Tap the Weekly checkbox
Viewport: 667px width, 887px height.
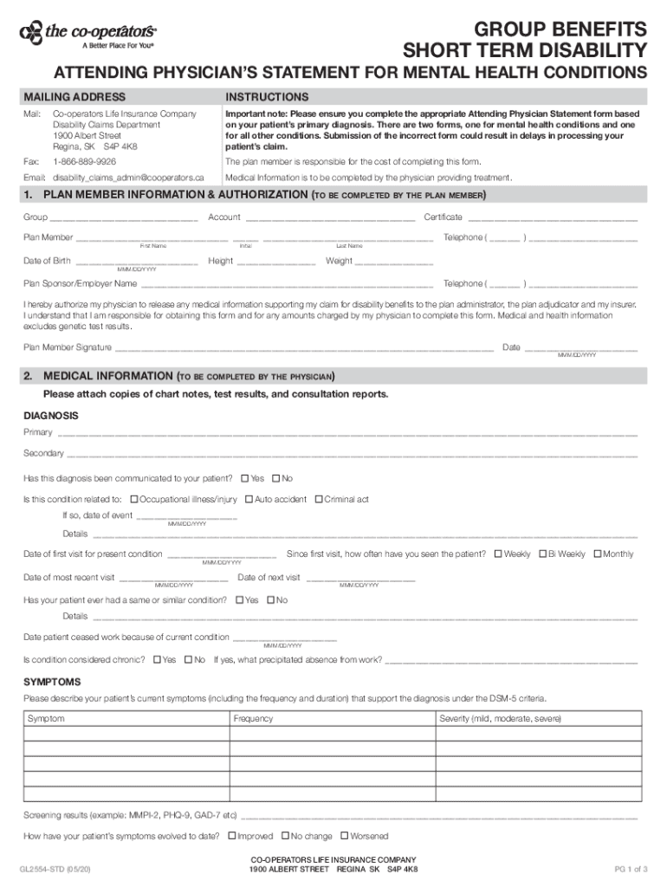[498, 554]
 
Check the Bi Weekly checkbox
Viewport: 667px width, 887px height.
[543, 554]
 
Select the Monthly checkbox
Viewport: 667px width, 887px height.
[597, 554]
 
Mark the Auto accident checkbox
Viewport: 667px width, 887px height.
[249, 499]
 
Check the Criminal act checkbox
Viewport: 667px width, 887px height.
[318, 499]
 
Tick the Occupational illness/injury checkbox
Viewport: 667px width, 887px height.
[134, 499]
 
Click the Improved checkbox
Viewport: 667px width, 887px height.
[231, 836]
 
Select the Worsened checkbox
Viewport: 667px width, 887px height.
[344, 836]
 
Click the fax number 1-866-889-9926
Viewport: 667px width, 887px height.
[84, 162]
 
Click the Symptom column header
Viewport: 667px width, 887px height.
[46, 718]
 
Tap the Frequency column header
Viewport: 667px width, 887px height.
[253, 718]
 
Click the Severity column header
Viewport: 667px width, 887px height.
[501, 718]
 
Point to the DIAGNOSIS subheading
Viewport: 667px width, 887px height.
[51, 415]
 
